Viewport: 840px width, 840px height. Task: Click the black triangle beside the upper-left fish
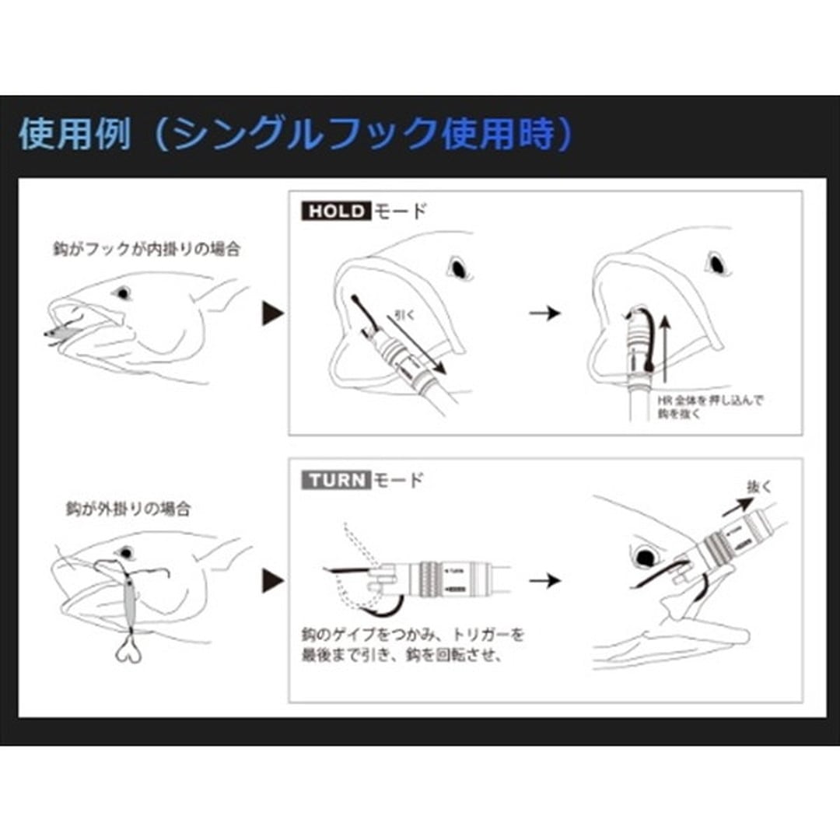(x=271, y=314)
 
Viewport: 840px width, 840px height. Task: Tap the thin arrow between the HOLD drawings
(x=544, y=313)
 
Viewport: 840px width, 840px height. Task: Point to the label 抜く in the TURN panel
(x=758, y=485)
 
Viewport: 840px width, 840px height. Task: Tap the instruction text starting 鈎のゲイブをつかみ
(x=412, y=644)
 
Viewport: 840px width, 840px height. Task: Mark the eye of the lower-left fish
(x=123, y=554)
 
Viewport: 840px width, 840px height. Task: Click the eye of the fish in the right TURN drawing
(x=644, y=557)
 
